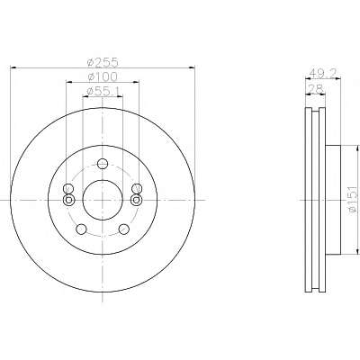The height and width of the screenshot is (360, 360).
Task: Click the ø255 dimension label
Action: coord(103,62)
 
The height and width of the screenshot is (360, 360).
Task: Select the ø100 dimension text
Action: coord(103,76)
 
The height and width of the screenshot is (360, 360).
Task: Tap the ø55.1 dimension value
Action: coord(103,91)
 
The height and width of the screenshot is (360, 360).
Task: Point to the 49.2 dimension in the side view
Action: coord(323,72)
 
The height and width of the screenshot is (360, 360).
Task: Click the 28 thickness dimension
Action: coord(316,88)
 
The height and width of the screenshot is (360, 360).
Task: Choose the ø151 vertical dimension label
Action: coord(354,199)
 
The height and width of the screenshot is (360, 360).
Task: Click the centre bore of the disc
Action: coord(103,200)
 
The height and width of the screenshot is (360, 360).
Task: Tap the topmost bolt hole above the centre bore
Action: coord(103,164)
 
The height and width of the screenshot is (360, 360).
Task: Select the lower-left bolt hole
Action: coord(81,229)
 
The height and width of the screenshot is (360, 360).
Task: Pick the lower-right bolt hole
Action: coord(123,229)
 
